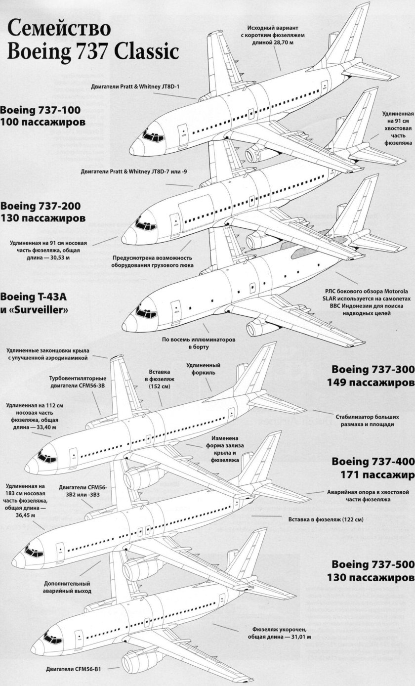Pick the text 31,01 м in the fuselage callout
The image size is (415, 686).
click(x=299, y=638)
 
